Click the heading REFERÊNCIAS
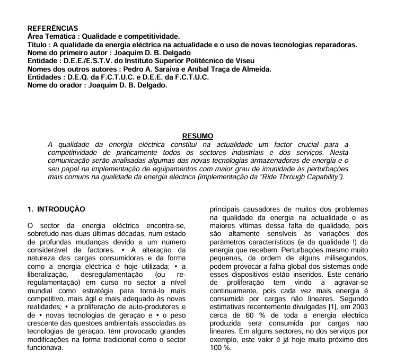52,28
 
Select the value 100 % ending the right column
221,348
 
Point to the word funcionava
45,348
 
